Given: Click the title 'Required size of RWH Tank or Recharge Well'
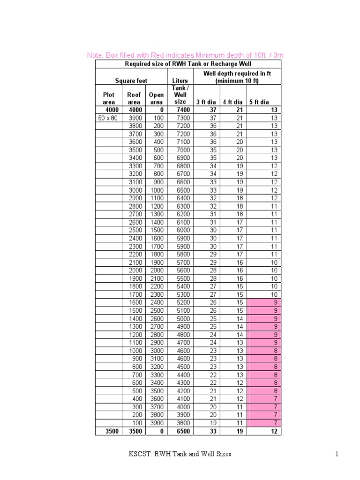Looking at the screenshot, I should (188, 64).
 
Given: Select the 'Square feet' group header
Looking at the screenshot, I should (131, 81).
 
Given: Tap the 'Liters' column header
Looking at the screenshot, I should (180, 81).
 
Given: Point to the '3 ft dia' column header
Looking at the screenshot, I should (206, 102).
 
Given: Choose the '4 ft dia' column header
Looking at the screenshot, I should (232, 102).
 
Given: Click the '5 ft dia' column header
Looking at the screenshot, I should (259, 102).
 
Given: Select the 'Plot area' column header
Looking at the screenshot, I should (109, 98).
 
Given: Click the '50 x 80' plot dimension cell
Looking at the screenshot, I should (108, 118).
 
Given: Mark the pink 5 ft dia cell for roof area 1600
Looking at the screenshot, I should (265, 302).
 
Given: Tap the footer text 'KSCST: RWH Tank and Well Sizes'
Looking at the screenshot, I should (180, 454).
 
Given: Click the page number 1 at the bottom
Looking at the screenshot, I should (337, 454).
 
